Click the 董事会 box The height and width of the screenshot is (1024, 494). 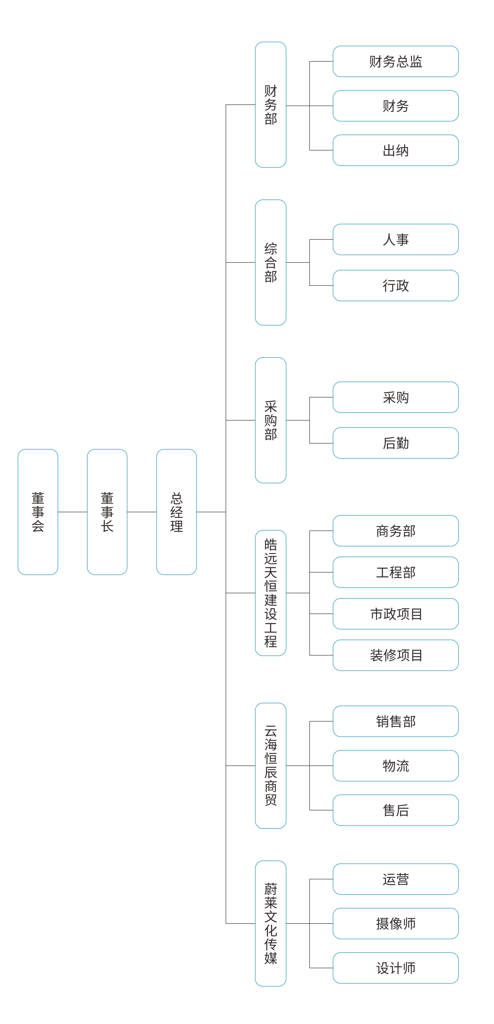point(38,512)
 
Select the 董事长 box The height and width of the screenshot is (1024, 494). point(107,512)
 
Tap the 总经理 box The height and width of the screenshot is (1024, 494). point(177,512)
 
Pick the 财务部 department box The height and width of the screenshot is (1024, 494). point(270,104)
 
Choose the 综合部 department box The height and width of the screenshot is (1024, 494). point(270,262)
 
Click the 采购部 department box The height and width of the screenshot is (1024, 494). point(270,420)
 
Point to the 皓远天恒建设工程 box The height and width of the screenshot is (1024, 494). point(270,593)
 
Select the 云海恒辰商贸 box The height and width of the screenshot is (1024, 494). point(270,766)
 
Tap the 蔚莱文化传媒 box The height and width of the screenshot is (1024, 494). point(270,923)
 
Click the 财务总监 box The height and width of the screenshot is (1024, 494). point(395,61)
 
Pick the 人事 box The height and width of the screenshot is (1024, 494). point(395,239)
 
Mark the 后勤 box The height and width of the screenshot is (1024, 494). point(395,443)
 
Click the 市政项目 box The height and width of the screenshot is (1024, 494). point(395,614)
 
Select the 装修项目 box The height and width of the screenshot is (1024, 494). point(395,655)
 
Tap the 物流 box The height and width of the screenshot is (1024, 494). point(395,766)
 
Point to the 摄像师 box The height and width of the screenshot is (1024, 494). point(395,923)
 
